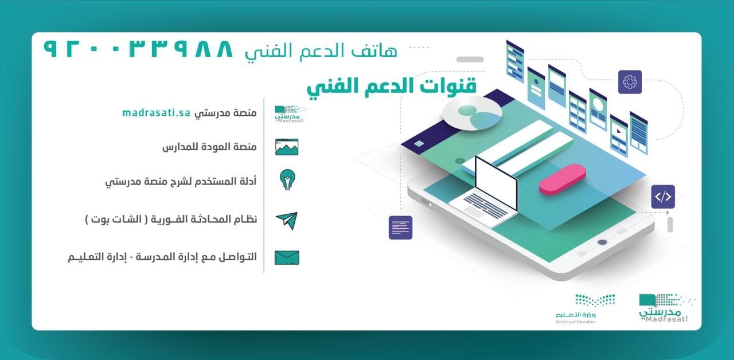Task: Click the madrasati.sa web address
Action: click(157, 113)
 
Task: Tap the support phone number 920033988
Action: click(138, 49)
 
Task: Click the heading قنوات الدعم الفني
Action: click(392, 87)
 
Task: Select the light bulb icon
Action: click(287, 179)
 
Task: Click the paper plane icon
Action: click(287, 221)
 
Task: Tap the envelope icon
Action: click(287, 257)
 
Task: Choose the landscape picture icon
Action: click(287, 147)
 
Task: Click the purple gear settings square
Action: click(630, 82)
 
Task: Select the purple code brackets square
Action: click(663, 197)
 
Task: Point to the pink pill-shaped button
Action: click(563, 179)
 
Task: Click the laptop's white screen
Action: click(496, 182)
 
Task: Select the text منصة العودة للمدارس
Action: click(209, 147)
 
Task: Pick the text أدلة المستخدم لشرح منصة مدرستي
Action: click(181, 182)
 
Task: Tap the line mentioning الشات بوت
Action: click(171, 219)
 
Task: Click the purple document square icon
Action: click(400, 228)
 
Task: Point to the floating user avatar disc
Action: click(472, 114)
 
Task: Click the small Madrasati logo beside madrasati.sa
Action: click(290, 114)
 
